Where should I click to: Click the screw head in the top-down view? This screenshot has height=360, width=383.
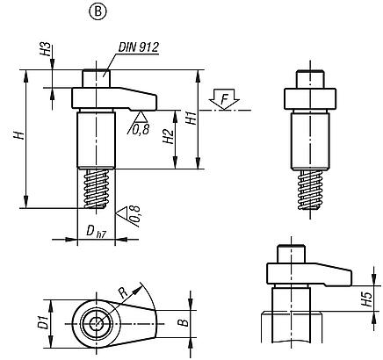click(92, 324)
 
